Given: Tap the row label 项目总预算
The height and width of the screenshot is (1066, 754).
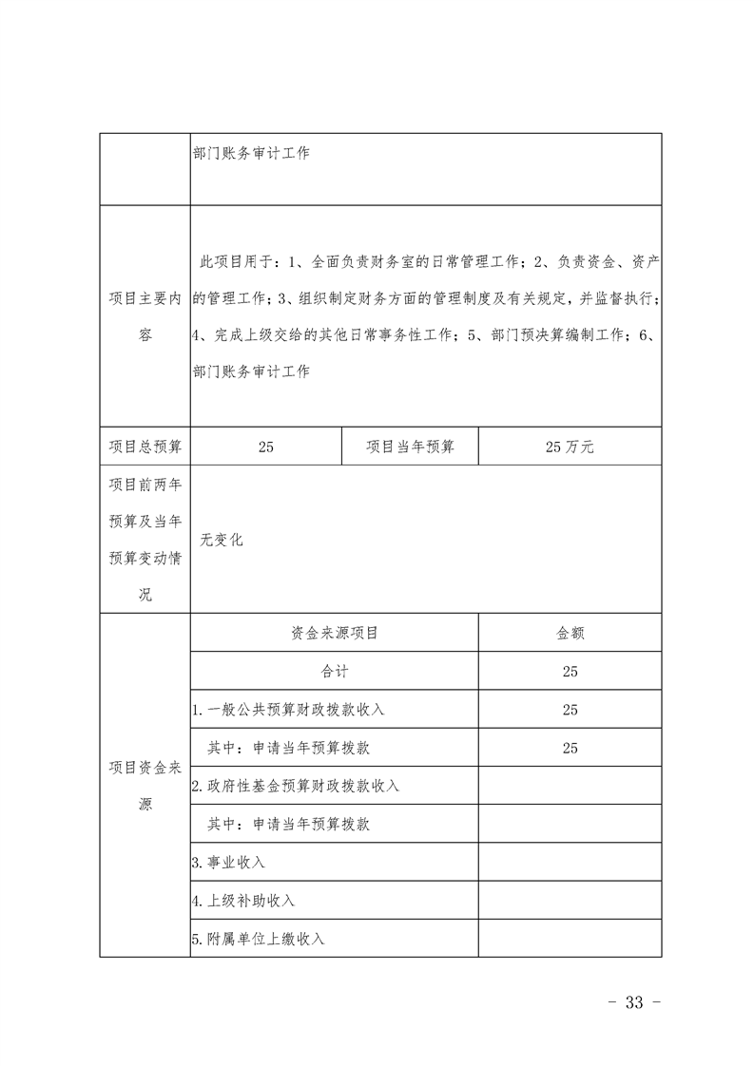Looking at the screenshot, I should pos(145,447).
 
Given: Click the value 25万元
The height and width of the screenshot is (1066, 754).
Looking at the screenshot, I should pos(570,447).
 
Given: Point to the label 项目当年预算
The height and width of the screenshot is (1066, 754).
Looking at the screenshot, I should pos(410,447).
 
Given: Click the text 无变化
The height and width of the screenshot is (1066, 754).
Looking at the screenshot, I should pos(222,540).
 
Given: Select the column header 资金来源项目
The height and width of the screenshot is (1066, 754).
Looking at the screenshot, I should pos(334,633).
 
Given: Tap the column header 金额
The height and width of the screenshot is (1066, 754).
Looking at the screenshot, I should pos(570,633).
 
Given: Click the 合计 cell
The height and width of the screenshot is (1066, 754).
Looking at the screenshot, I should pos(334,671).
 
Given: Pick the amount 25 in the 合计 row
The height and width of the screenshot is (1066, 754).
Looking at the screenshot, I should pos(570,671).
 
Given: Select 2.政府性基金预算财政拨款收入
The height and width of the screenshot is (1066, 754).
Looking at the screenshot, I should pos(296,786).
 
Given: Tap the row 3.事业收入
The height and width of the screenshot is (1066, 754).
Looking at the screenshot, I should pos(228,863).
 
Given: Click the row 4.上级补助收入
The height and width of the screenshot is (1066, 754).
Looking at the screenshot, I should pos(243,901).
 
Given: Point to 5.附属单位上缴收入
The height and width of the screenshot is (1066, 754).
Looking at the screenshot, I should pos(259,939).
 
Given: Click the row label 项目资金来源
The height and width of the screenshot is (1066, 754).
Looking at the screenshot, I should pos(145,786).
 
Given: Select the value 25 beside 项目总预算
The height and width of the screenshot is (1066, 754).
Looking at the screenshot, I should pos(265,447).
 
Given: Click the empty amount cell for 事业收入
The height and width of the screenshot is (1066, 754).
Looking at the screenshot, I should pos(570,863).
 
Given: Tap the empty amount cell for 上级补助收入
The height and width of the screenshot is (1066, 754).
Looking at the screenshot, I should pos(570,901).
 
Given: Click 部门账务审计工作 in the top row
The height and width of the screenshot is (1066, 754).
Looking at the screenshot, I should pos(251,153).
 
